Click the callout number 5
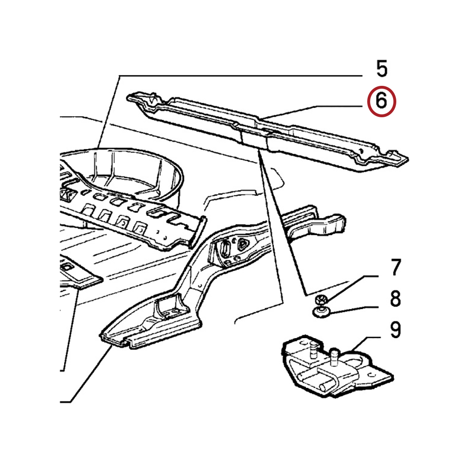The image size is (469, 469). click(x=382, y=69)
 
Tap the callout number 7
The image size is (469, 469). click(x=395, y=268)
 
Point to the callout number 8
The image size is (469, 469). click(x=395, y=298)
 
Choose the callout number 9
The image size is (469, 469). click(x=395, y=330)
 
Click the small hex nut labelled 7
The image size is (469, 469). click(x=321, y=299)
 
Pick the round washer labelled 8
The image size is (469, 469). click(x=321, y=312)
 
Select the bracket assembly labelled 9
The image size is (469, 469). click(x=336, y=366)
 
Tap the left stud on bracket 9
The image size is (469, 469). click(x=313, y=349)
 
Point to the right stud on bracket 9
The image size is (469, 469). click(x=334, y=356)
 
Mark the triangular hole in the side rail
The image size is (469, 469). click(x=242, y=244)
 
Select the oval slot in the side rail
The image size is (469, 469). click(x=225, y=248)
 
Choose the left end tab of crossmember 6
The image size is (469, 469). click(x=141, y=98)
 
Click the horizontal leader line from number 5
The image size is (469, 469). click(x=241, y=76)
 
